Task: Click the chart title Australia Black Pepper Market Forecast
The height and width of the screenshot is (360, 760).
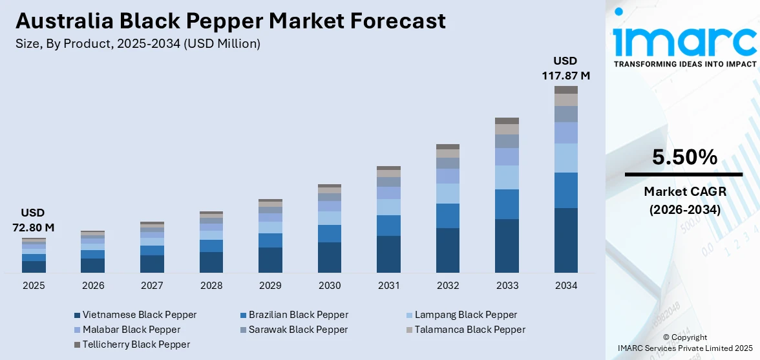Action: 231,21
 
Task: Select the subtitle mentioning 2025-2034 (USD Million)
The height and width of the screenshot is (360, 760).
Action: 138,44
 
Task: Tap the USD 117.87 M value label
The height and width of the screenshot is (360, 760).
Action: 565,69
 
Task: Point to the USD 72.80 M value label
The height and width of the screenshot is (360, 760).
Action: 34,220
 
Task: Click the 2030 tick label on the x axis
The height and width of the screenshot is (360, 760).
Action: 329,285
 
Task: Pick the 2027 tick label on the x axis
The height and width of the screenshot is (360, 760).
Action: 152,285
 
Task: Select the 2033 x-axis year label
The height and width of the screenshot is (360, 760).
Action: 507,285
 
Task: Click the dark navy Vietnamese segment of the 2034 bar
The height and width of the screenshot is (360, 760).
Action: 565,240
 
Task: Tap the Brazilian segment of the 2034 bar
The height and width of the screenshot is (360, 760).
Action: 565,190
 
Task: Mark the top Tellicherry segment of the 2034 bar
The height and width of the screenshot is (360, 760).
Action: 565,90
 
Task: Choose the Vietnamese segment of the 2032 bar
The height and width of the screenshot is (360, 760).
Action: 447,250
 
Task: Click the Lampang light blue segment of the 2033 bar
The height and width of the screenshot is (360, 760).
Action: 507,177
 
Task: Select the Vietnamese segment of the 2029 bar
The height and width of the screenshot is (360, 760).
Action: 270,260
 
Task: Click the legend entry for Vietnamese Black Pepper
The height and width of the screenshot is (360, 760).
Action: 135,315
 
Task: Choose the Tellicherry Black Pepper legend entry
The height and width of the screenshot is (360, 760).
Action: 132,344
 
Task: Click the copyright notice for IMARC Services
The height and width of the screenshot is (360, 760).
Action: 684,343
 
